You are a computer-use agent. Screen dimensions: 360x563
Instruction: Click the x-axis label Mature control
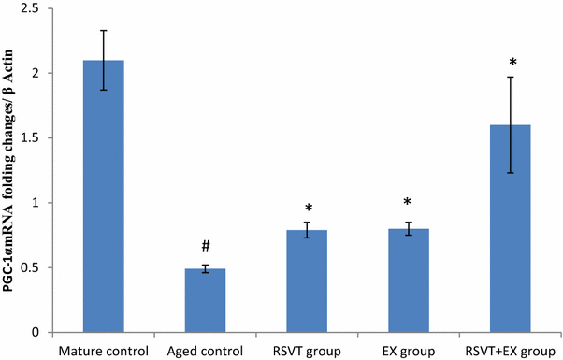click(104, 351)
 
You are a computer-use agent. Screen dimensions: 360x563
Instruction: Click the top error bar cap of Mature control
click(104, 30)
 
